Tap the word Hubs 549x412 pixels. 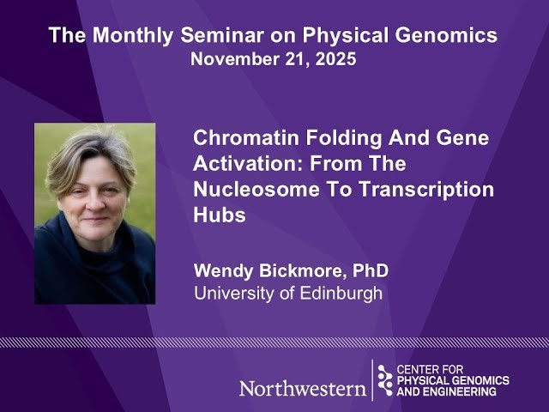[220, 216]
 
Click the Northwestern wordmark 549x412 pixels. [302, 388]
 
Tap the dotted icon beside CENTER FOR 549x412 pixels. [385, 379]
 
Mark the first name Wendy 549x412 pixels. [221, 270]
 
